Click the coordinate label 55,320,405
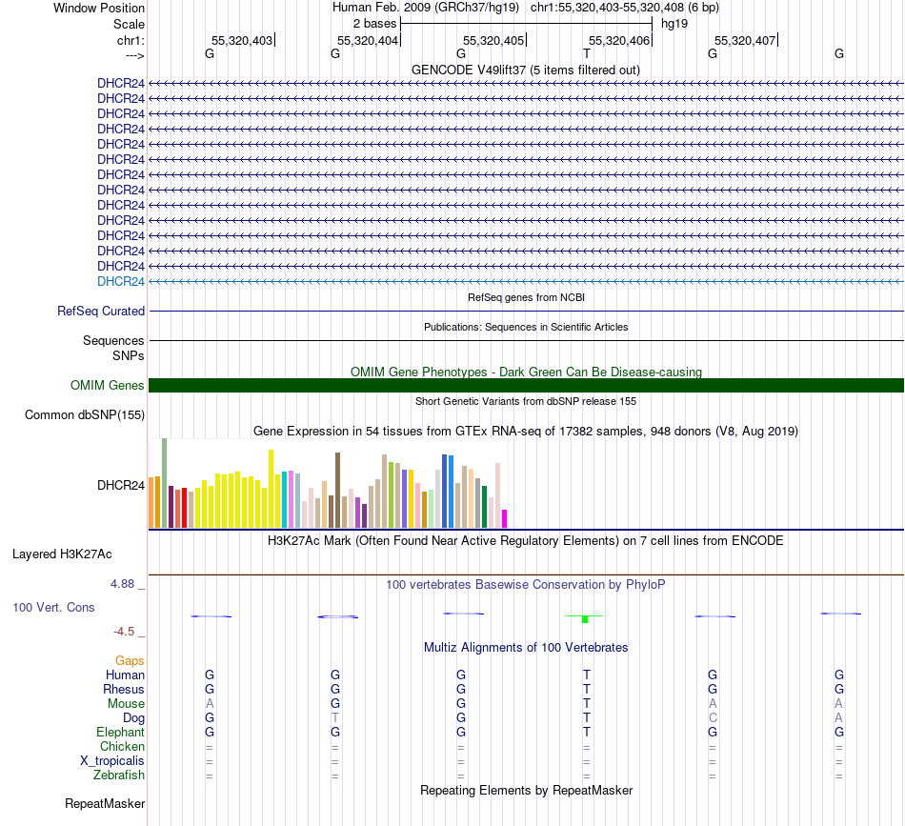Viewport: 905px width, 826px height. pos(493,40)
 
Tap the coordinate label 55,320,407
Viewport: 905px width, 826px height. pos(745,40)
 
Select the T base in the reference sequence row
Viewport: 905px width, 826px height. pos(587,54)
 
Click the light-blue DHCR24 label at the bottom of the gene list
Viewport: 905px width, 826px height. pos(121,281)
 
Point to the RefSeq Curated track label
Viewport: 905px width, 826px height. pos(101,311)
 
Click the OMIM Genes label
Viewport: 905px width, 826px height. pos(108,386)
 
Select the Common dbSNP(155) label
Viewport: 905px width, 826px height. pos(85,414)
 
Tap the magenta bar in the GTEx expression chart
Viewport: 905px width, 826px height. pos(505,518)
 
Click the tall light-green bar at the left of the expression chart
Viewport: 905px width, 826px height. pos(164,482)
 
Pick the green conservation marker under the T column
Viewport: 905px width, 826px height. pos(585,618)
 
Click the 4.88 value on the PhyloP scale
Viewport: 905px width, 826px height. pos(128,584)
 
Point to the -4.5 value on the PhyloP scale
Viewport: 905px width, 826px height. pos(128,631)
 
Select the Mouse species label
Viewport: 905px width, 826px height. pos(126,703)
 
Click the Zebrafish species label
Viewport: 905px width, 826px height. pos(120,776)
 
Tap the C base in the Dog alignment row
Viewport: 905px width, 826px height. pos(713,717)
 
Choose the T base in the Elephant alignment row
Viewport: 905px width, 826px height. pos(587,732)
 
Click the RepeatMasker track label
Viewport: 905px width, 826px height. pos(105,804)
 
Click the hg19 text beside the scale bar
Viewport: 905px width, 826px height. pos(674,23)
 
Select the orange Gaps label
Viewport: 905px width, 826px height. pos(130,660)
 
